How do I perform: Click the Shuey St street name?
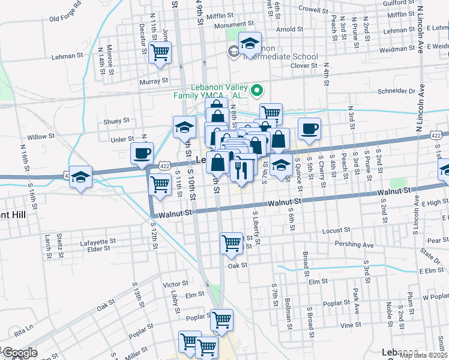pyautogui.click(x=116, y=121)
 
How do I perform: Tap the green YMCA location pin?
pyautogui.click(x=257, y=91)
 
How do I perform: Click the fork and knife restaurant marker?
pyautogui.click(x=241, y=170)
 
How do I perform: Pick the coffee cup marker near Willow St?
pyautogui.click(x=142, y=153)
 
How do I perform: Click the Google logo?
pyautogui.click(x=20, y=353)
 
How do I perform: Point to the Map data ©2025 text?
pyautogui.click(x=422, y=355)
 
